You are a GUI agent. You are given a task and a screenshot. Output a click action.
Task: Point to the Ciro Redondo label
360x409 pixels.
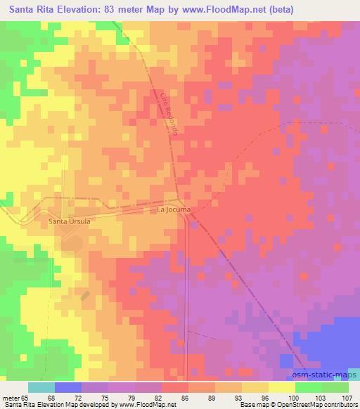click(x=171, y=113)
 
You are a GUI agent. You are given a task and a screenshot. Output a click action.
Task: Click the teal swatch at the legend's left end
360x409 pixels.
click(x=41, y=387)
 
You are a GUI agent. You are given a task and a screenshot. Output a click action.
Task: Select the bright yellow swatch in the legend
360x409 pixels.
click(x=281, y=387)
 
